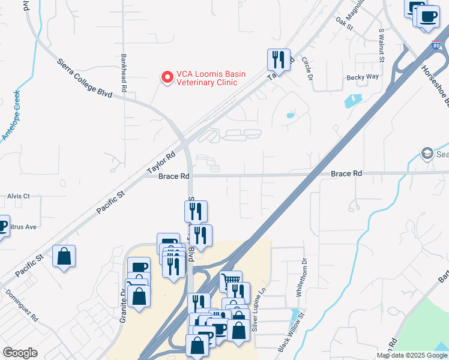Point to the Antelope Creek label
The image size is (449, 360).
11,116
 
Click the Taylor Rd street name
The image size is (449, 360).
161,162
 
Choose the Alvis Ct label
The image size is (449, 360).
19,196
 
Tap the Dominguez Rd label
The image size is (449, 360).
22,305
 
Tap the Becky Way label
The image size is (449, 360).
363,77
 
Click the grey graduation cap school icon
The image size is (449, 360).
427,152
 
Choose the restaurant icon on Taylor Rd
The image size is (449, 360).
279,59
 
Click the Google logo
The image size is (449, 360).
20,353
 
